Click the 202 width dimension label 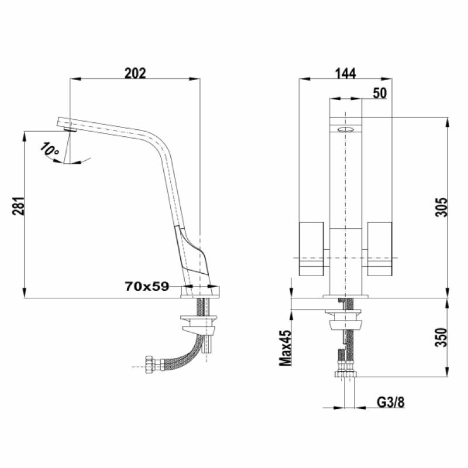(135, 73)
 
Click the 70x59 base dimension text (147, 286)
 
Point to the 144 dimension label (345, 73)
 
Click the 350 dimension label (442, 337)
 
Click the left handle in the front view (312, 249)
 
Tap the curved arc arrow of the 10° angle (76, 162)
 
